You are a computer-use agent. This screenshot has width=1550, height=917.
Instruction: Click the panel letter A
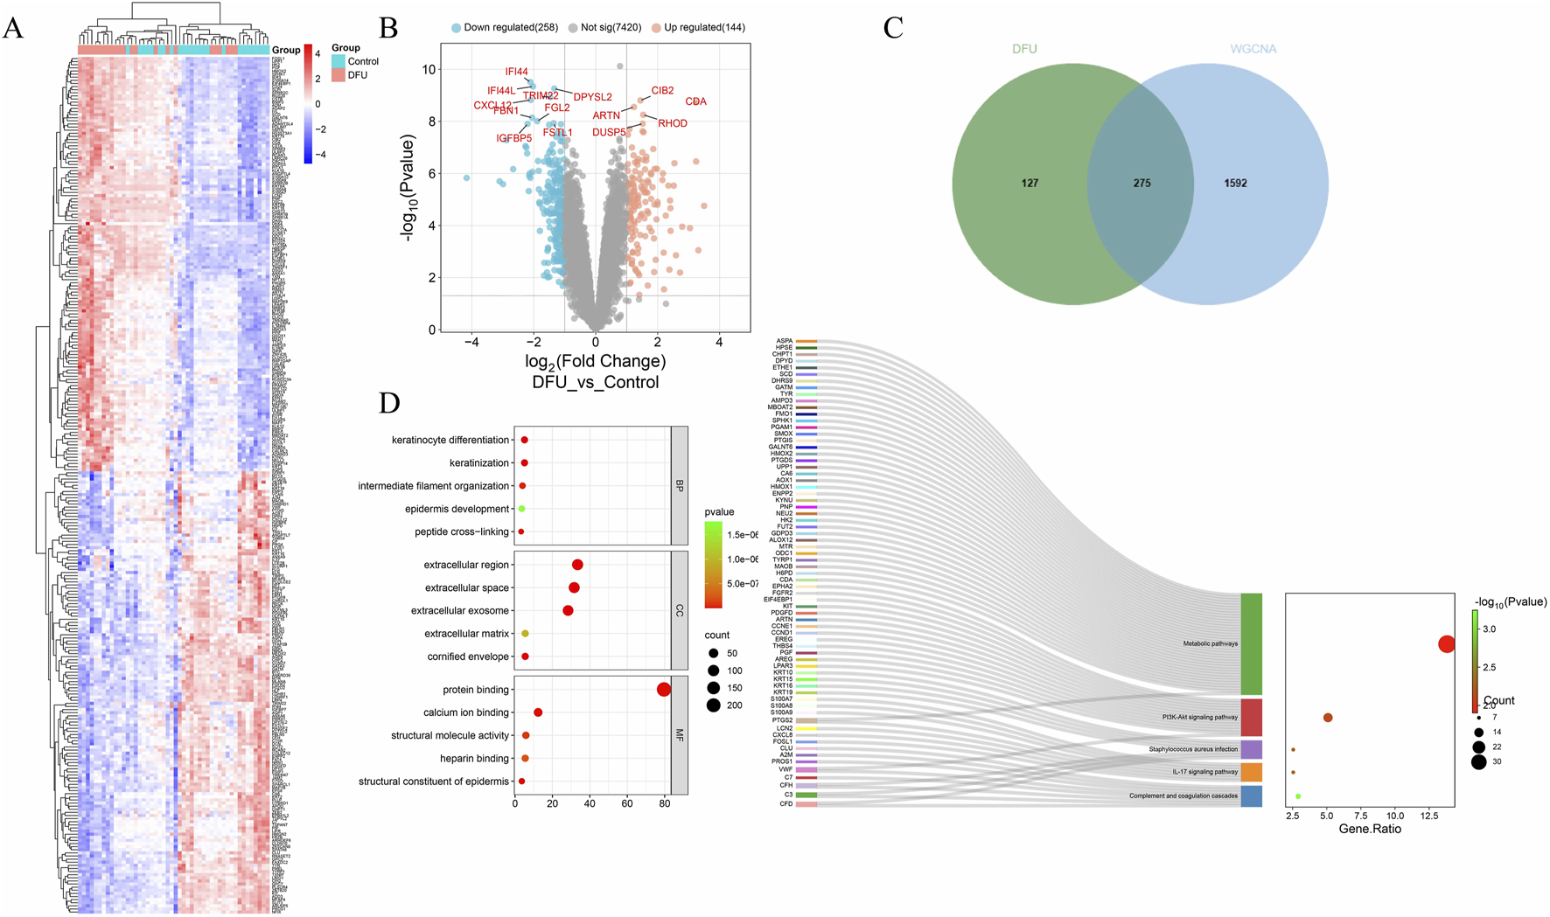(13, 28)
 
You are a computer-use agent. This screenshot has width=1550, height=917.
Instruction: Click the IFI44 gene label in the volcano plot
(516, 72)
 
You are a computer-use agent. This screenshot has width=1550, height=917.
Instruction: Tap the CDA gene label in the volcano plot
(695, 101)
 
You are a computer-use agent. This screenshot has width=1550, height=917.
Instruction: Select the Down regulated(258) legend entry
(505, 27)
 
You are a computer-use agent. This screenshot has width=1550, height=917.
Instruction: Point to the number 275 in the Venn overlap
(1142, 184)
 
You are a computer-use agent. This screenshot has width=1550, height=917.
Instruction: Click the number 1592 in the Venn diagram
(1235, 184)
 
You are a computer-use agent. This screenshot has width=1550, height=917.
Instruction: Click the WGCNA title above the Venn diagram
(1253, 49)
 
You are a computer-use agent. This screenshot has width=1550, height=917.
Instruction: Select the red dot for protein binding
(664, 690)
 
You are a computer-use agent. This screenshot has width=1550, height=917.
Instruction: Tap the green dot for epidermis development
(522, 509)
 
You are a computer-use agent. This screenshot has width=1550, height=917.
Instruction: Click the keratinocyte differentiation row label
(450, 440)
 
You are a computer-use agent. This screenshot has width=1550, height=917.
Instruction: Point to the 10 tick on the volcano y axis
(429, 70)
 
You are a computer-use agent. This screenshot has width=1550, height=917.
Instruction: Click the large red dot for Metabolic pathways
(1447, 644)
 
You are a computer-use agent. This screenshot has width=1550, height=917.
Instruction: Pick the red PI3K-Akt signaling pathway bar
(1251, 717)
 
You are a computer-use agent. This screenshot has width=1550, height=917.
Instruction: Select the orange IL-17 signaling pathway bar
(1251, 772)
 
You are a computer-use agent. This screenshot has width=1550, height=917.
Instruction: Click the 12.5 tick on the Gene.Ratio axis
(1429, 815)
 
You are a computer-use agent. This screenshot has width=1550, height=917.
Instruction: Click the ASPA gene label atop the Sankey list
(785, 341)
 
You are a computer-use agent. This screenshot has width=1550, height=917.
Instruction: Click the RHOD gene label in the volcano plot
(672, 123)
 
